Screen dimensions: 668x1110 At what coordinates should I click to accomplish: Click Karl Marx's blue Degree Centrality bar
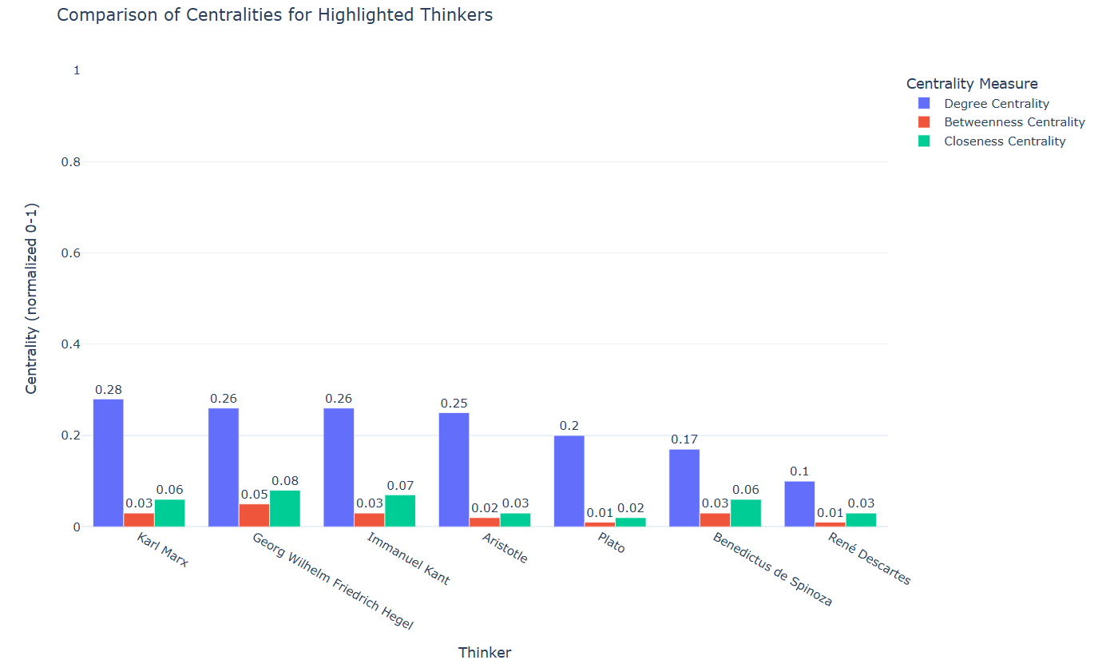[x=108, y=463]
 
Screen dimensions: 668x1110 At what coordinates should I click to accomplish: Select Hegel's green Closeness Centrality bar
[x=285, y=508]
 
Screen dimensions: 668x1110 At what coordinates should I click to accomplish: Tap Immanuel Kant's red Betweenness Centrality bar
[x=369, y=519]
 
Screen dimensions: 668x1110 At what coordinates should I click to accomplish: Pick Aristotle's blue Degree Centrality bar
[x=454, y=469]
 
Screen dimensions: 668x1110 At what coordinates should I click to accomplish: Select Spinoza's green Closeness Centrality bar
[x=746, y=513]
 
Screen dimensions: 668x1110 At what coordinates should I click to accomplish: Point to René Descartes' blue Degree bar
[x=799, y=503]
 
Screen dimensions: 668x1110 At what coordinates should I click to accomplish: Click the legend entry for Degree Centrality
[x=996, y=104]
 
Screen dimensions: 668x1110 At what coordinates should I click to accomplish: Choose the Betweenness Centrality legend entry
[x=1013, y=122]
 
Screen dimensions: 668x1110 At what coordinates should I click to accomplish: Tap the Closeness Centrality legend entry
[x=1004, y=141]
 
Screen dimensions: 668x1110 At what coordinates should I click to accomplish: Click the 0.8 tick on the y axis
[x=71, y=162]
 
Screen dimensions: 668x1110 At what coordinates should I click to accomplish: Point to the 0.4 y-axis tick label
[x=71, y=344]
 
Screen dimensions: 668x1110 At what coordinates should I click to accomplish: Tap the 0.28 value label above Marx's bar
[x=108, y=390]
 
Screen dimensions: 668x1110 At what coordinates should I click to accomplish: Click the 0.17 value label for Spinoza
[x=684, y=439]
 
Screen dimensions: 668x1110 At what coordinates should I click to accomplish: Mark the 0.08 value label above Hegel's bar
[x=285, y=481]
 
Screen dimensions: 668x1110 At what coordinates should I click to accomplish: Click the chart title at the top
[x=275, y=14]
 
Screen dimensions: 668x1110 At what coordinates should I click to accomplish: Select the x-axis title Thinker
[x=485, y=653]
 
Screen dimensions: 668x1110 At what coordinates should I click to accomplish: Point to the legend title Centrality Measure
[x=972, y=83]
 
